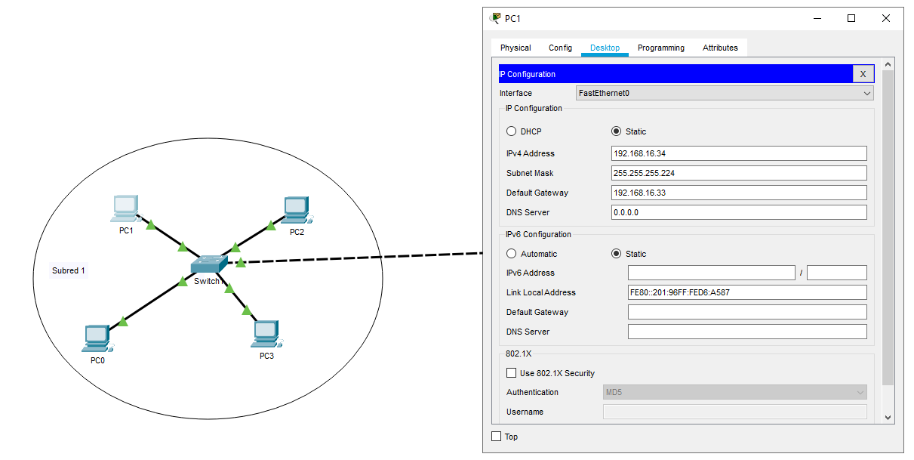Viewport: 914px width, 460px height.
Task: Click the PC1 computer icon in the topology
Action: click(x=126, y=206)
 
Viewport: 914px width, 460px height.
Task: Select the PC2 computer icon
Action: click(x=297, y=208)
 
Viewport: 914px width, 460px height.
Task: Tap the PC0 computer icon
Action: click(x=97, y=338)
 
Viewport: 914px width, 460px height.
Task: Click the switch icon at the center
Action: click(x=209, y=264)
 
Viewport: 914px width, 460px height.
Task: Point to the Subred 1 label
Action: click(x=69, y=270)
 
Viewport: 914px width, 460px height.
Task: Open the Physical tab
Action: click(x=515, y=48)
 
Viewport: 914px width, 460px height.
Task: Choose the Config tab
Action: click(x=560, y=48)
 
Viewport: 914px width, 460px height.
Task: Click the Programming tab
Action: click(x=660, y=48)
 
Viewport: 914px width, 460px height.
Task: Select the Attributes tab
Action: click(x=720, y=48)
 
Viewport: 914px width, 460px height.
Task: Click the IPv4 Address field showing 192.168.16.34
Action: click(x=738, y=153)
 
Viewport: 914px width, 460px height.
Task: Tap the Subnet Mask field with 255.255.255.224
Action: click(x=738, y=173)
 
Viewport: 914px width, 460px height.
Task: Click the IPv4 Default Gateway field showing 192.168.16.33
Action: click(x=738, y=193)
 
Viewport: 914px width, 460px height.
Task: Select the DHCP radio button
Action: click(x=512, y=131)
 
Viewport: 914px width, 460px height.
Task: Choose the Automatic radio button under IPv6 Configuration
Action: click(x=512, y=254)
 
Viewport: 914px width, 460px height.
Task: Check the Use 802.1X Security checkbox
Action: click(x=512, y=373)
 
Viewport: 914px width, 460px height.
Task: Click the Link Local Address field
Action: click(x=746, y=292)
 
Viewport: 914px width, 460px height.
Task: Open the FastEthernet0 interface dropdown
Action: click(x=724, y=94)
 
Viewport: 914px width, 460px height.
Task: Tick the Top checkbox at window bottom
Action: click(x=497, y=437)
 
